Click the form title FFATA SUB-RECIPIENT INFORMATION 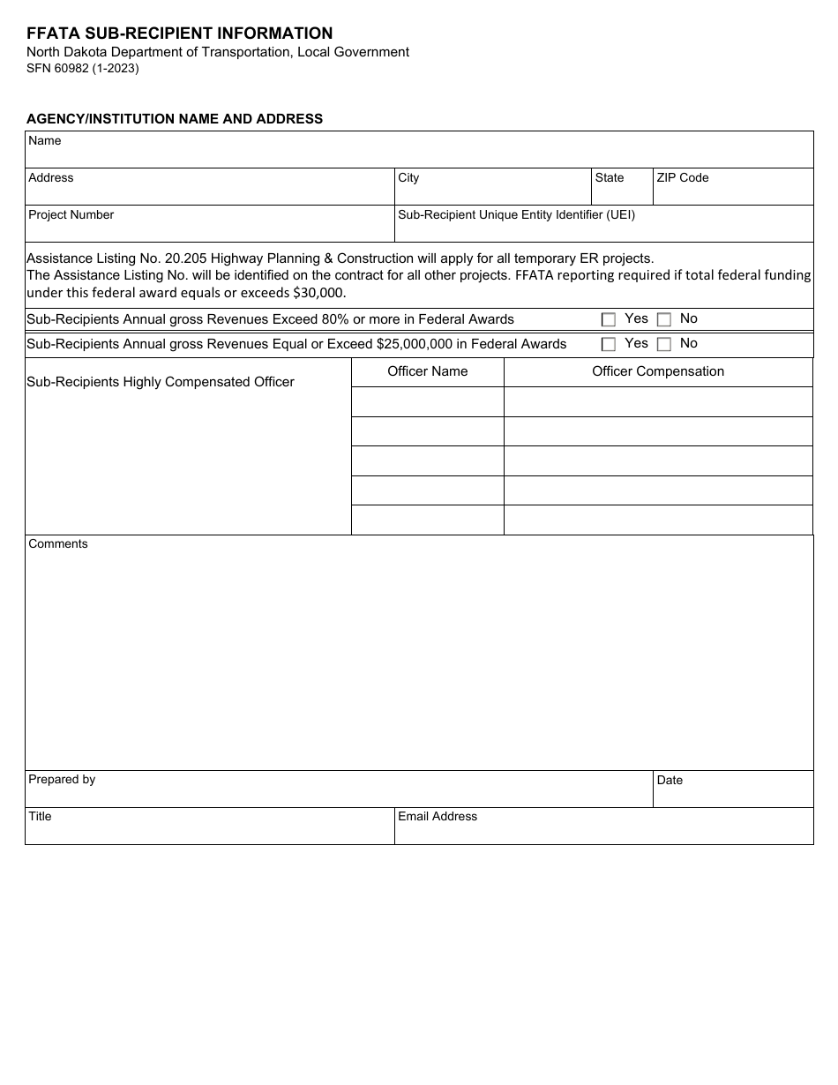pos(180,34)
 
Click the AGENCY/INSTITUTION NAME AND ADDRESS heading pos(175,119)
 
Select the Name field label pos(45,140)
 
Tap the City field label pos(408,177)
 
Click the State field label pos(609,177)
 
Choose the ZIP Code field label pos(682,177)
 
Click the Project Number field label pos(71,214)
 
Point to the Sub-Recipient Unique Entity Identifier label pos(516,214)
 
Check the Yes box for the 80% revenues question pos(608,320)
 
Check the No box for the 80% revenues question pos(664,320)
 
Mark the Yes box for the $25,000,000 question pos(608,345)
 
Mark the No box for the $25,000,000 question pos(664,345)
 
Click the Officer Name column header pos(428,371)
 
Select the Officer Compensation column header pos(658,371)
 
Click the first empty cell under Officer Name pos(428,401)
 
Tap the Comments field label pos(58,543)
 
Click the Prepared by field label pos(62,779)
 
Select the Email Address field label pos(438,816)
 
